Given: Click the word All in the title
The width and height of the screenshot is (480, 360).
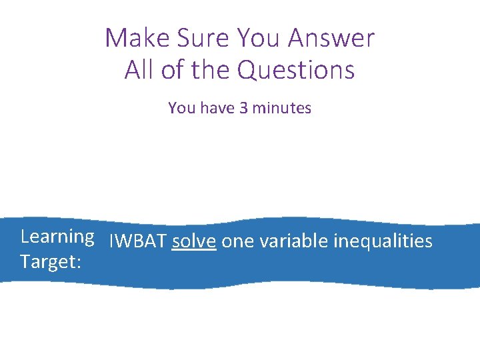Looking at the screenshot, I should point(137,69).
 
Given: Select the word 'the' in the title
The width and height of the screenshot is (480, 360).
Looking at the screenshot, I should point(209,69).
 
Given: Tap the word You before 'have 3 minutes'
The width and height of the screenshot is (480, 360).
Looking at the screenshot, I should point(180,108).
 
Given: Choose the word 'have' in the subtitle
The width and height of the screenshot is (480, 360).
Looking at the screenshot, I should point(215,108).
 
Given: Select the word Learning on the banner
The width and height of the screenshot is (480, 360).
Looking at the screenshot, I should point(57,237).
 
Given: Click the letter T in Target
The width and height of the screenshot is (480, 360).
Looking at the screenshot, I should point(25,262).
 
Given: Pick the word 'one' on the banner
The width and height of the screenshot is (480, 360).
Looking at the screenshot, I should point(237,242).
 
